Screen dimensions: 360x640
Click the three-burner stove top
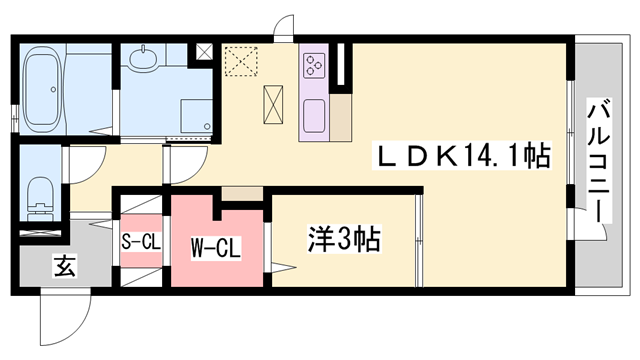(x=313, y=65)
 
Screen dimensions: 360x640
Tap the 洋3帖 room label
(x=343, y=240)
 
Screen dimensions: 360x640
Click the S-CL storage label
(x=140, y=242)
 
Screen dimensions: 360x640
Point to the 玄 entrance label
(x=63, y=267)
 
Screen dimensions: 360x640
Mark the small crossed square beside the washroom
(x=204, y=51)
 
